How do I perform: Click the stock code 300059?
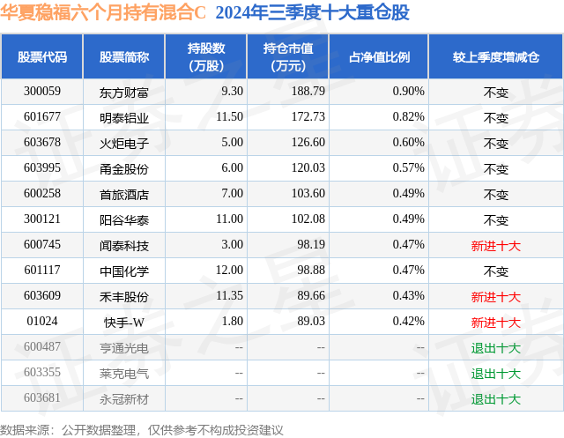tap(42, 92)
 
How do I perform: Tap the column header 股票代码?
tap(42, 57)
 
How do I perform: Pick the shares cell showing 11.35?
tap(226, 296)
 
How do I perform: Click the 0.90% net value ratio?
tap(408, 92)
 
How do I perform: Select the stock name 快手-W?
tap(124, 322)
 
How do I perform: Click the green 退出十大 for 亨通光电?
tap(495, 348)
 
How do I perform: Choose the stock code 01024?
tap(42, 322)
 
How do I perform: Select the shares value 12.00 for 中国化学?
tap(227, 271)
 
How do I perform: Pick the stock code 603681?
tap(42, 398)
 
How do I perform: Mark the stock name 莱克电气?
tap(124, 374)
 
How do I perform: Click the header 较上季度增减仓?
tap(495, 57)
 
